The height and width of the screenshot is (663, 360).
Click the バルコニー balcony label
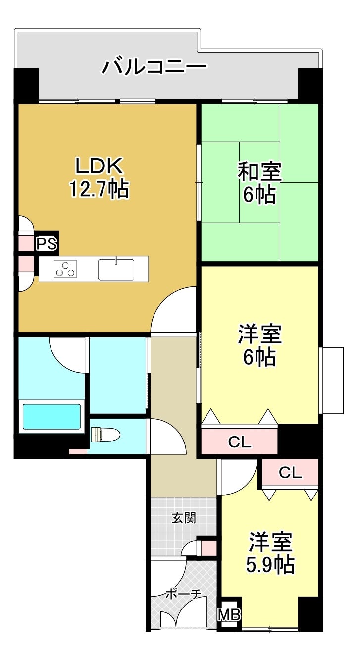coord(154,67)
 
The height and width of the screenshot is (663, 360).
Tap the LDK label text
coord(99,166)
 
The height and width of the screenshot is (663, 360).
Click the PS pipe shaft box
coord(47,243)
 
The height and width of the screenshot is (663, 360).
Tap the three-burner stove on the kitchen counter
coord(65,269)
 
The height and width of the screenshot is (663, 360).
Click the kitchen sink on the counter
coord(116,269)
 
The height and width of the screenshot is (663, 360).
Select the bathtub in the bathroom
coord(51,417)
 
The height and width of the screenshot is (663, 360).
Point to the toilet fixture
coord(105,435)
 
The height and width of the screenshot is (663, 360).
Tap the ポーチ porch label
coord(183,594)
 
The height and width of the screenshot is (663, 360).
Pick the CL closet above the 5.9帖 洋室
coord(290,472)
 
